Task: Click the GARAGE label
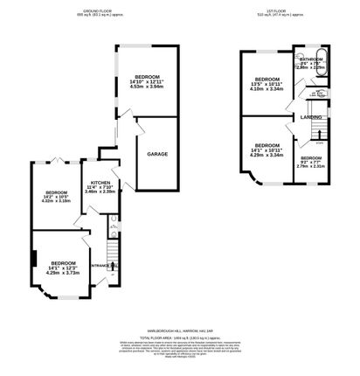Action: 157,154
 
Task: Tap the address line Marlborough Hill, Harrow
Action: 180,331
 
